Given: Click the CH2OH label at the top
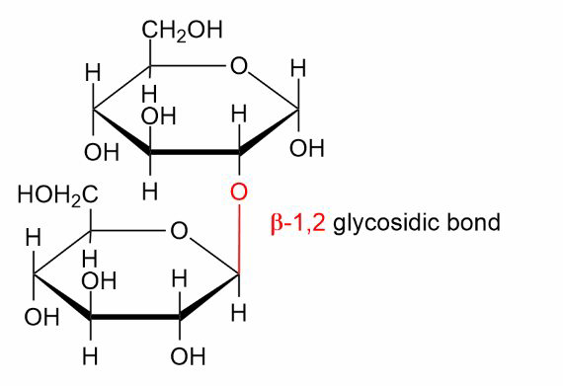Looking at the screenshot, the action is pos(183,31).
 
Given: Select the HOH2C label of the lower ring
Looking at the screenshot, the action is pos(58,195).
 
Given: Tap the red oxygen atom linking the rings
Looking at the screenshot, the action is pos(239,192).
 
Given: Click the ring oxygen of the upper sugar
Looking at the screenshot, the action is pos(239,65).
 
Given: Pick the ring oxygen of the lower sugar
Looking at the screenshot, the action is pos(179,231).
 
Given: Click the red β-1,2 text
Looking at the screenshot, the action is pos(298,223).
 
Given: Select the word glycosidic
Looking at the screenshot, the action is pos(387,222).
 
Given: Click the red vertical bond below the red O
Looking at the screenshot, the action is pos(239,240).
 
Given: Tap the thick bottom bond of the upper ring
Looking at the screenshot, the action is pos(195,152).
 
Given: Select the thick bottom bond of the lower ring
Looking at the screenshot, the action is pos(134,317).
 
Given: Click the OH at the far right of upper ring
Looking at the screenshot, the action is pos(307,148).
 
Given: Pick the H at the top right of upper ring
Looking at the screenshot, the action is pos(298,68).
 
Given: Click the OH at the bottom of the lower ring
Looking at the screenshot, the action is pos(188,356).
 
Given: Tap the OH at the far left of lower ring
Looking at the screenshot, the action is pos(41,317).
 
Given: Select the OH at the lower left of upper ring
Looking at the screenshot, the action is pos(102,152).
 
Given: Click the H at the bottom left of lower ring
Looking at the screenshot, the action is pos(90,356).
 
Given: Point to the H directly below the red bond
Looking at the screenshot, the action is pos(239,313).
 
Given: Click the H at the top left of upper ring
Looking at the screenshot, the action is pos(93,73).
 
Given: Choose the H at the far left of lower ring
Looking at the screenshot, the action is pos(34,238).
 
